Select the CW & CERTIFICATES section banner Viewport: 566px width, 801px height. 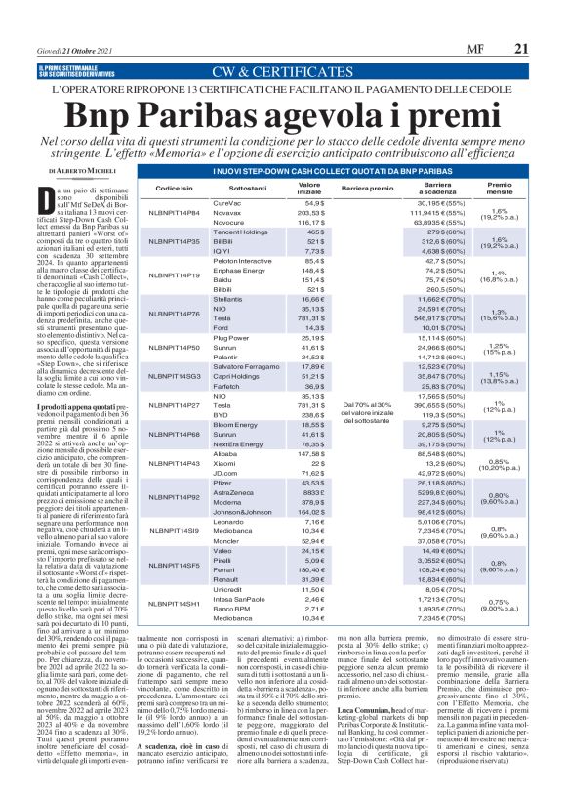[283, 71]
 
